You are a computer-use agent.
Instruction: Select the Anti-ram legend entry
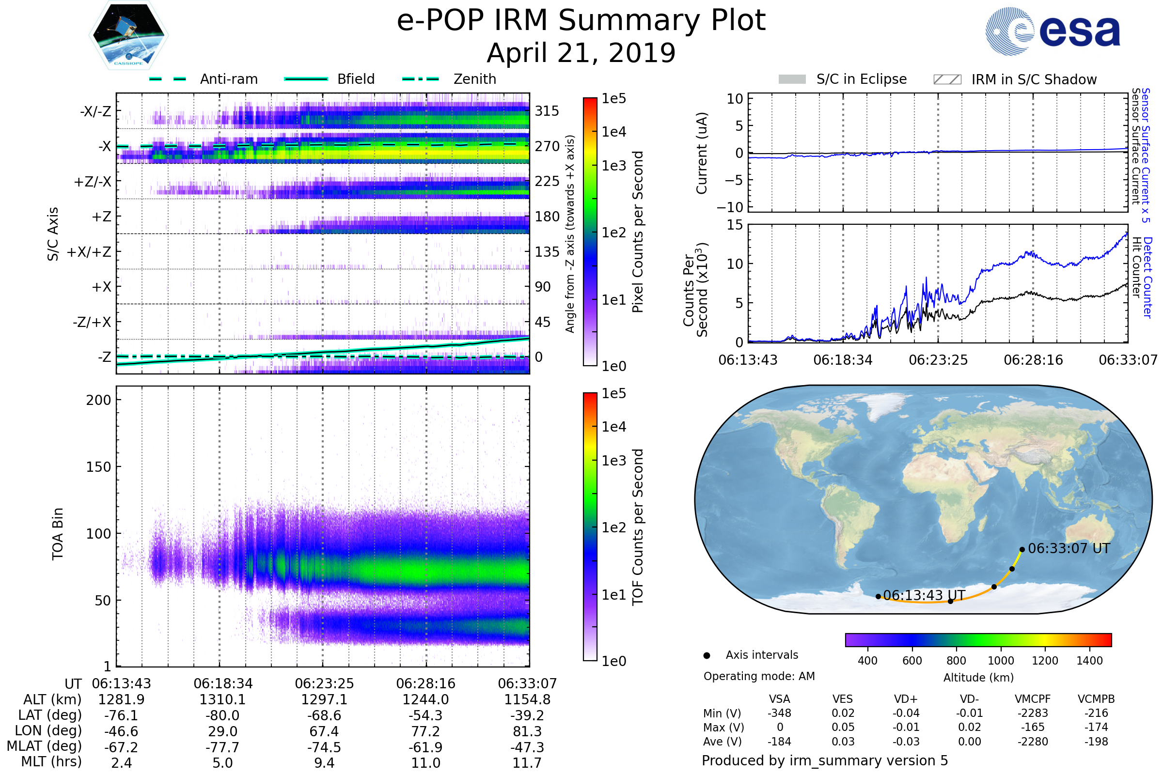(x=228, y=79)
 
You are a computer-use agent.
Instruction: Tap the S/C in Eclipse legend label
(x=862, y=79)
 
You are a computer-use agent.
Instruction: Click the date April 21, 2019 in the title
(x=581, y=53)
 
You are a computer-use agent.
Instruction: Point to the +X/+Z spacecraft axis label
(x=89, y=252)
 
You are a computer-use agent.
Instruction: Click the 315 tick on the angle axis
(x=547, y=111)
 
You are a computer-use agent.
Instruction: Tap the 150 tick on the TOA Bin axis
(x=98, y=467)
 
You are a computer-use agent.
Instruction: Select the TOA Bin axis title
(x=57, y=534)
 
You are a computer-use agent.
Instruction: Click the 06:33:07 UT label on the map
(x=1069, y=549)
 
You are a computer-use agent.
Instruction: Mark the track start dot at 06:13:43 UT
(x=878, y=597)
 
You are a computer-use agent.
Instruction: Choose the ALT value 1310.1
(x=222, y=700)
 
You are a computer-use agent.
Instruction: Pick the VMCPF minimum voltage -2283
(x=1033, y=713)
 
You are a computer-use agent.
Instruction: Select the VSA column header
(x=779, y=699)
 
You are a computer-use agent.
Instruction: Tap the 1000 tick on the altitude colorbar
(x=1001, y=661)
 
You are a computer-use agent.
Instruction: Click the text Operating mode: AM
(x=759, y=676)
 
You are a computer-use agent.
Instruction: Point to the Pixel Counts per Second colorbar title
(x=638, y=232)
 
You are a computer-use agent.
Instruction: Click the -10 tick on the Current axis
(x=730, y=207)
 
